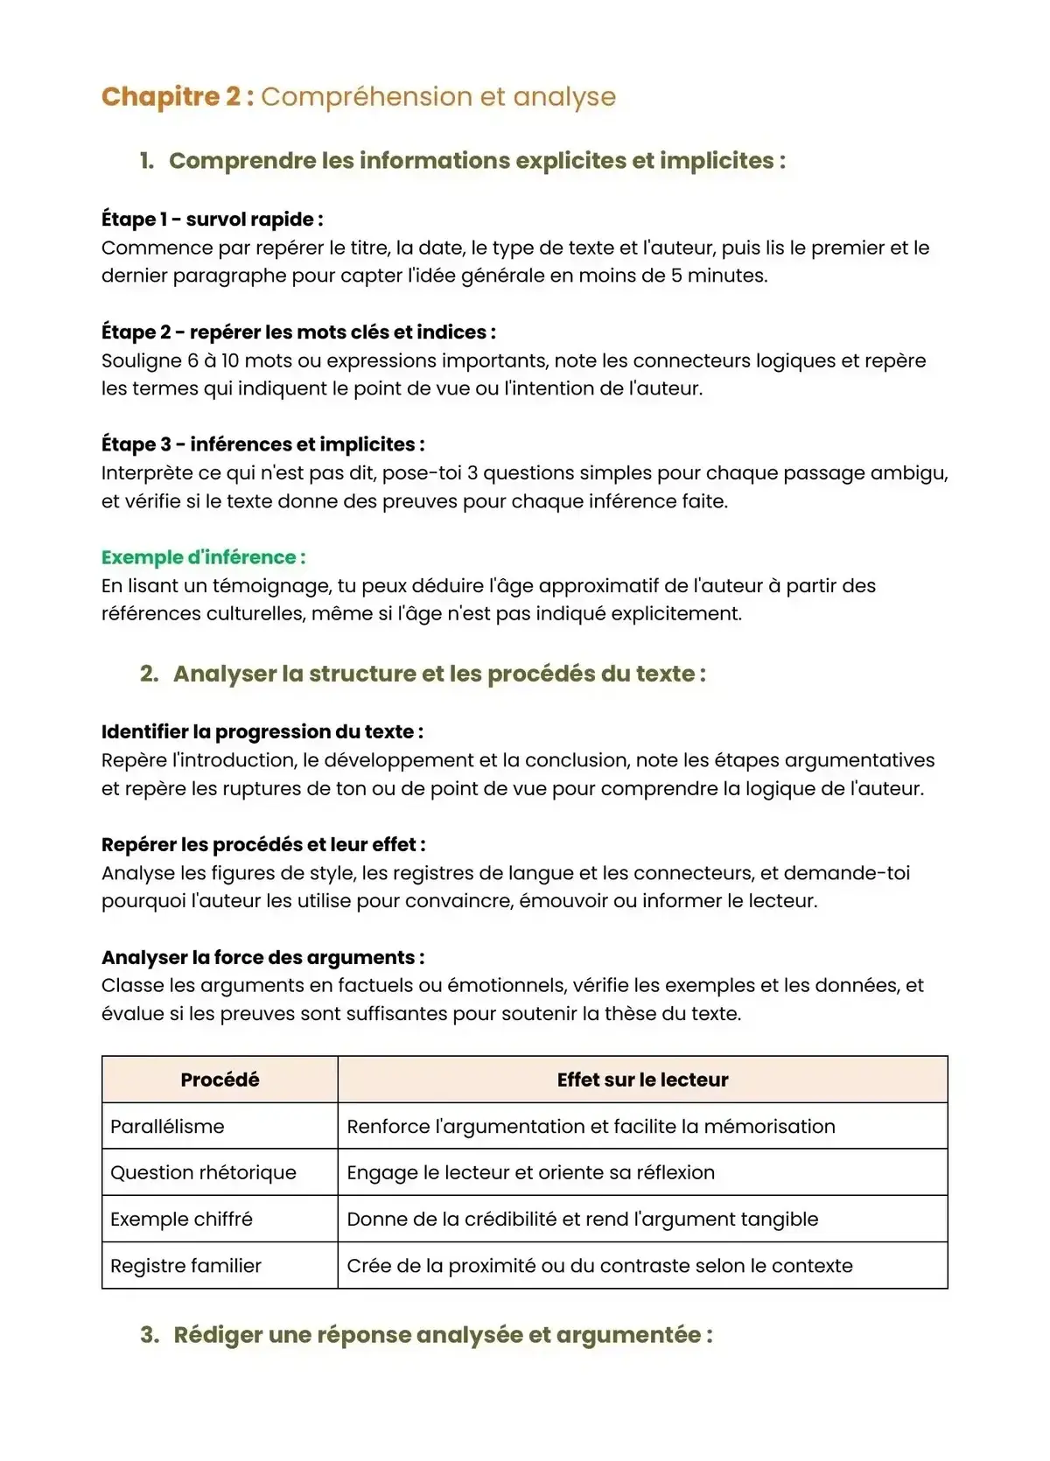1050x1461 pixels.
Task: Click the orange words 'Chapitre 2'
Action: tap(171, 96)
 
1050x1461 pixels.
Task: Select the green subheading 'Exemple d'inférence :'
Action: tap(203, 557)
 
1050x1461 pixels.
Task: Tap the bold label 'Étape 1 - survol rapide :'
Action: tap(212, 220)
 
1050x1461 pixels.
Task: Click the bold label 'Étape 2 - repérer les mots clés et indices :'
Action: tap(298, 332)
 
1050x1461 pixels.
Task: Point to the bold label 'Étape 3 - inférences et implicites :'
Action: tap(262, 444)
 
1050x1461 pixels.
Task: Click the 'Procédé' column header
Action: tap(220, 1080)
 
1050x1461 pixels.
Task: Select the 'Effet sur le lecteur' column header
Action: tap(642, 1080)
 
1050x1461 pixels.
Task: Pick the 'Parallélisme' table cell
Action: tap(167, 1127)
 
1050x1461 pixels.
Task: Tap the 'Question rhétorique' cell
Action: tap(203, 1173)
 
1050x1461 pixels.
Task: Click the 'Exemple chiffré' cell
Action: tap(181, 1220)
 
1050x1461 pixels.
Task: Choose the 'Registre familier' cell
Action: tap(185, 1266)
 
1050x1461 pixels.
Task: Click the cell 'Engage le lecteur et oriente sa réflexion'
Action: tap(530, 1173)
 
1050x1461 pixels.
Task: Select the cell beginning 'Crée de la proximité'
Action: tap(599, 1266)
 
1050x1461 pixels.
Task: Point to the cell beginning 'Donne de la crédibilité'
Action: tap(582, 1220)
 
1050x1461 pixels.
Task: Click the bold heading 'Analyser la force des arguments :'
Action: tap(262, 958)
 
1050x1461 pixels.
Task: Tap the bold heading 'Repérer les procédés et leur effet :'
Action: tap(263, 845)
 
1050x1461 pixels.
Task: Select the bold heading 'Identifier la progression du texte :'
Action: tap(262, 732)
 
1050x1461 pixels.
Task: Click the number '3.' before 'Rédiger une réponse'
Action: tap(150, 1335)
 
